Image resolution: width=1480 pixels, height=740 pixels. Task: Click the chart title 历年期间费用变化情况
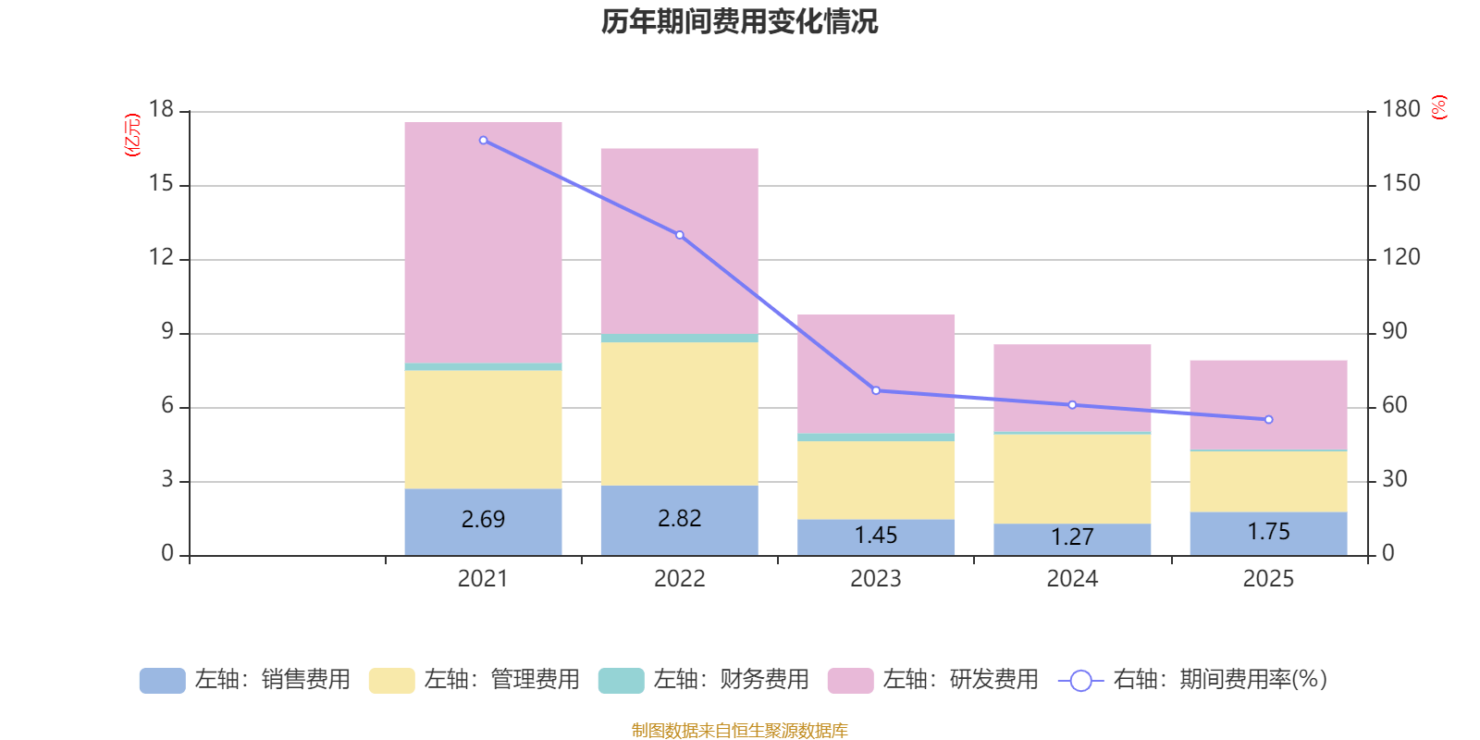pos(739,21)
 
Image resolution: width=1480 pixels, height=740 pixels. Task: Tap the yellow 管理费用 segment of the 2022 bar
pos(679,413)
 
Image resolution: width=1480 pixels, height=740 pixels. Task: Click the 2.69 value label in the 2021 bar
pos(483,519)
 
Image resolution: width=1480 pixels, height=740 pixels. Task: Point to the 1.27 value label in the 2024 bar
pos(1072,536)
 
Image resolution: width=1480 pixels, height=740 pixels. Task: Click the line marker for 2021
pos(484,141)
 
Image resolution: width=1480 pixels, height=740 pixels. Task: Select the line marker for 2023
pos(876,390)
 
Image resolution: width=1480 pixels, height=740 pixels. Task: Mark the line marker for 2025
pos(1268,420)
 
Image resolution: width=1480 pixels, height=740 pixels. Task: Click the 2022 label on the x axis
pos(679,579)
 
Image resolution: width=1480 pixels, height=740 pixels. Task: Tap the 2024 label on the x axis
pos(1072,579)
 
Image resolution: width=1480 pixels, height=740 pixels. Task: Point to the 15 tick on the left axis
pos(161,184)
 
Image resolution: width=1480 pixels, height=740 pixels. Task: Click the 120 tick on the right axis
pos(1400,257)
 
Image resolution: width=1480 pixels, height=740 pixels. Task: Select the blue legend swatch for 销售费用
pos(162,681)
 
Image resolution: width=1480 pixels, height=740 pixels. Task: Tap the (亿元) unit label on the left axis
pos(132,135)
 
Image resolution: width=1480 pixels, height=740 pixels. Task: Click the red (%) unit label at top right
pos(1438,107)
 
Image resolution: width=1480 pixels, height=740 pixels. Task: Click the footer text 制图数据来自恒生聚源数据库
pos(739,731)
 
